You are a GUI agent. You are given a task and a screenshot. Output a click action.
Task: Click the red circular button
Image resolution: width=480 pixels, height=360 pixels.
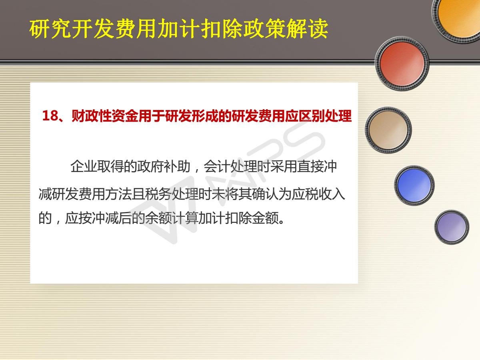402,64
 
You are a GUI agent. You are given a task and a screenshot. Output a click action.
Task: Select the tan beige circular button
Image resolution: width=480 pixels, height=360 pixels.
388,130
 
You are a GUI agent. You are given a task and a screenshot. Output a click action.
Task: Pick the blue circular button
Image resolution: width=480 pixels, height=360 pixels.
414,185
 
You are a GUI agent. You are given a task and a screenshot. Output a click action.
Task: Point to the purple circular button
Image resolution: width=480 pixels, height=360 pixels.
452,227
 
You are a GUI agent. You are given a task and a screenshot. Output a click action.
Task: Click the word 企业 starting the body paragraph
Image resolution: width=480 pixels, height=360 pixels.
84,166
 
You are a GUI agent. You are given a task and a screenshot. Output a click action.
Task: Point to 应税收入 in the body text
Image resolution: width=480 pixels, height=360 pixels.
318,194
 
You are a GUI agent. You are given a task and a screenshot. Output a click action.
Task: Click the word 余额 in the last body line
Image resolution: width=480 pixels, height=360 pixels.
158,218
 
